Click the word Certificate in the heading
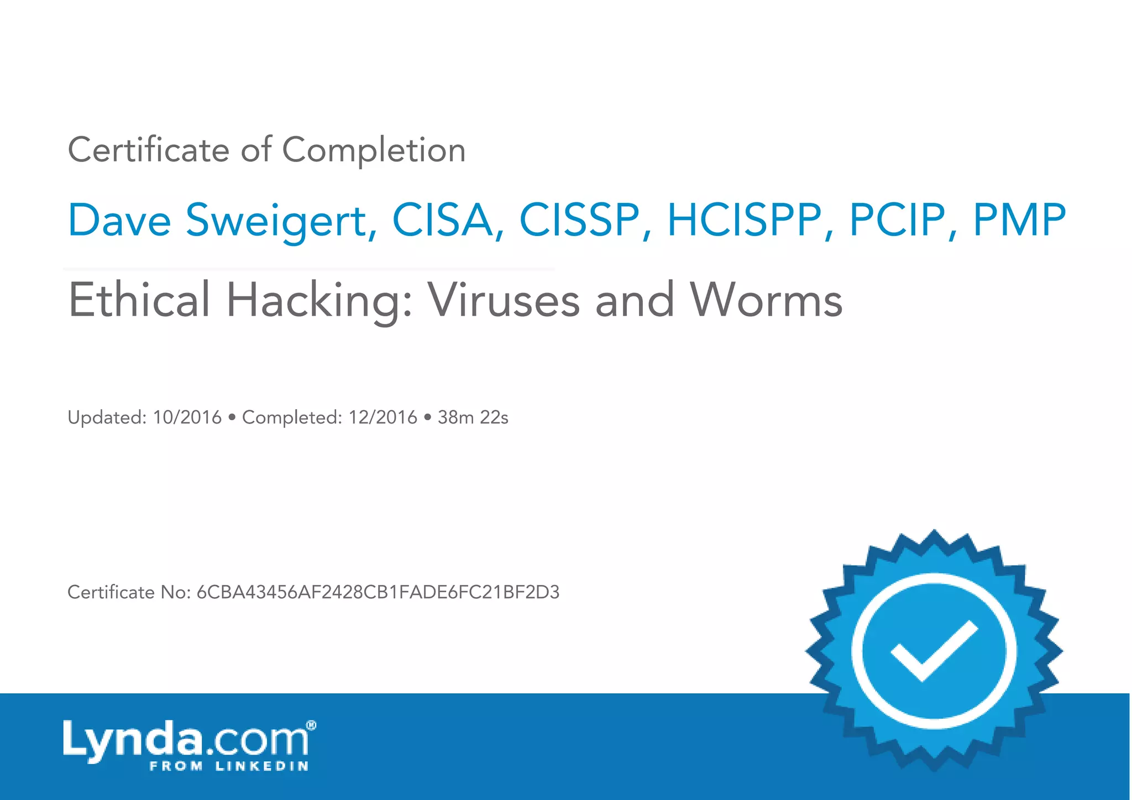pyautogui.click(x=148, y=150)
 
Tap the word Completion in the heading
pyautogui.click(x=374, y=150)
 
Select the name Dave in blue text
pyautogui.click(x=119, y=220)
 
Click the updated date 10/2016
pyautogui.click(x=187, y=417)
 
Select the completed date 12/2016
pyautogui.click(x=382, y=417)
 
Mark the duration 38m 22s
pyautogui.click(x=473, y=417)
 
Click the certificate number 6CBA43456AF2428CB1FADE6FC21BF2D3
pyautogui.click(x=378, y=592)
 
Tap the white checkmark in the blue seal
pyautogui.click(x=934, y=649)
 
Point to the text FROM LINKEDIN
pyautogui.click(x=229, y=766)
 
